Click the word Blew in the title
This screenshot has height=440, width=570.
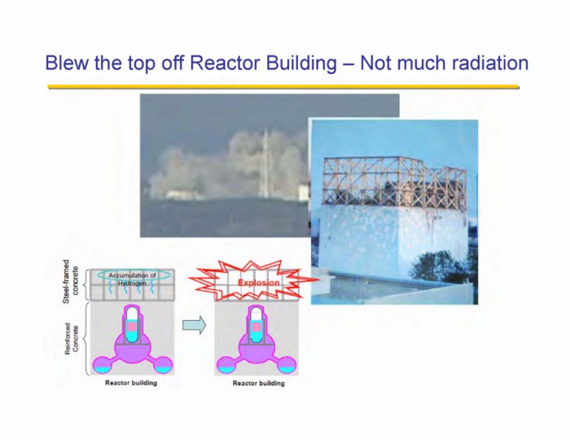pyautogui.click(x=67, y=63)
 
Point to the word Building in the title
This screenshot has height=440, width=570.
pyautogui.click(x=301, y=64)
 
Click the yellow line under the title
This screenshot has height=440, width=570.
pyautogui.click(x=283, y=87)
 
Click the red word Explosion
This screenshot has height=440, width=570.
pyautogui.click(x=258, y=283)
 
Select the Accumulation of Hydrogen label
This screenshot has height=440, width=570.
pyautogui.click(x=132, y=279)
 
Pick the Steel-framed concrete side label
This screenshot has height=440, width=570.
pyautogui.click(x=71, y=281)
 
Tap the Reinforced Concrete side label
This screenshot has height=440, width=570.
pyautogui.click(x=72, y=338)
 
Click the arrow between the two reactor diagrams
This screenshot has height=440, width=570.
pyautogui.click(x=194, y=325)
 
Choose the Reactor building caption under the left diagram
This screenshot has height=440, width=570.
pyautogui.click(x=131, y=382)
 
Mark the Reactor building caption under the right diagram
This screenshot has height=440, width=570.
pyautogui.click(x=258, y=383)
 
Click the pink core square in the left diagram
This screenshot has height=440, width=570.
pyautogui.click(x=132, y=326)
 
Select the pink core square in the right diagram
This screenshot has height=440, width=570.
pyautogui.click(x=256, y=326)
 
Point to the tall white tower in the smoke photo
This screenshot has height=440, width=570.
pyautogui.click(x=265, y=165)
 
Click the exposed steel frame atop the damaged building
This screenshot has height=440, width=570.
pyautogui.click(x=394, y=182)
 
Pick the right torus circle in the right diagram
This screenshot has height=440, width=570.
pyautogui.click(x=287, y=365)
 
